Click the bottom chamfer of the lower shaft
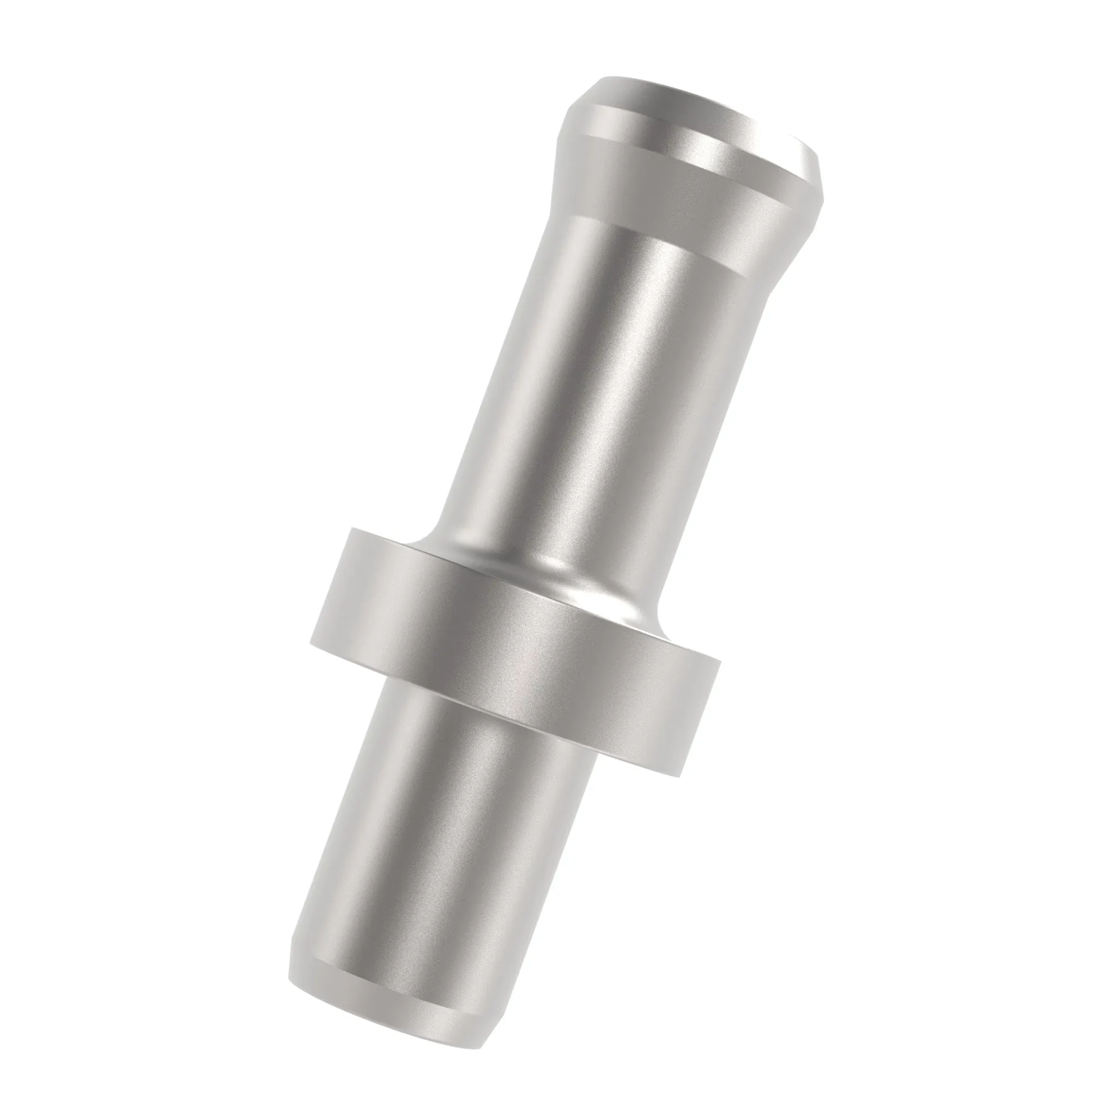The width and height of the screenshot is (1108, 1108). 390,998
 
